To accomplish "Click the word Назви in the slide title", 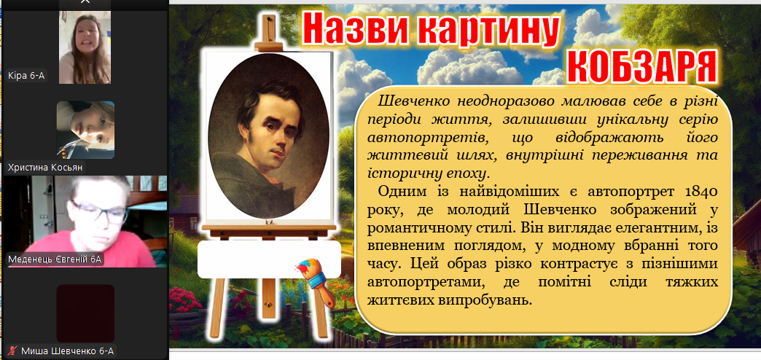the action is click(x=354, y=28).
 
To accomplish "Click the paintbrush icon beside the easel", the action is click(x=314, y=282).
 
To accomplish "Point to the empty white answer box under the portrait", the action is click(x=270, y=259).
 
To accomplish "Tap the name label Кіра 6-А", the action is click(x=27, y=76).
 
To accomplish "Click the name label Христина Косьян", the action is click(x=45, y=168).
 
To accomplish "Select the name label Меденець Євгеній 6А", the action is click(x=55, y=259).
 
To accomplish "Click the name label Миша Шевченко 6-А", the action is click(x=68, y=351).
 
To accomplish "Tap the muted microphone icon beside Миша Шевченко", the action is click(x=13, y=351).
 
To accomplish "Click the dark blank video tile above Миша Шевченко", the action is click(x=85, y=313).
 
